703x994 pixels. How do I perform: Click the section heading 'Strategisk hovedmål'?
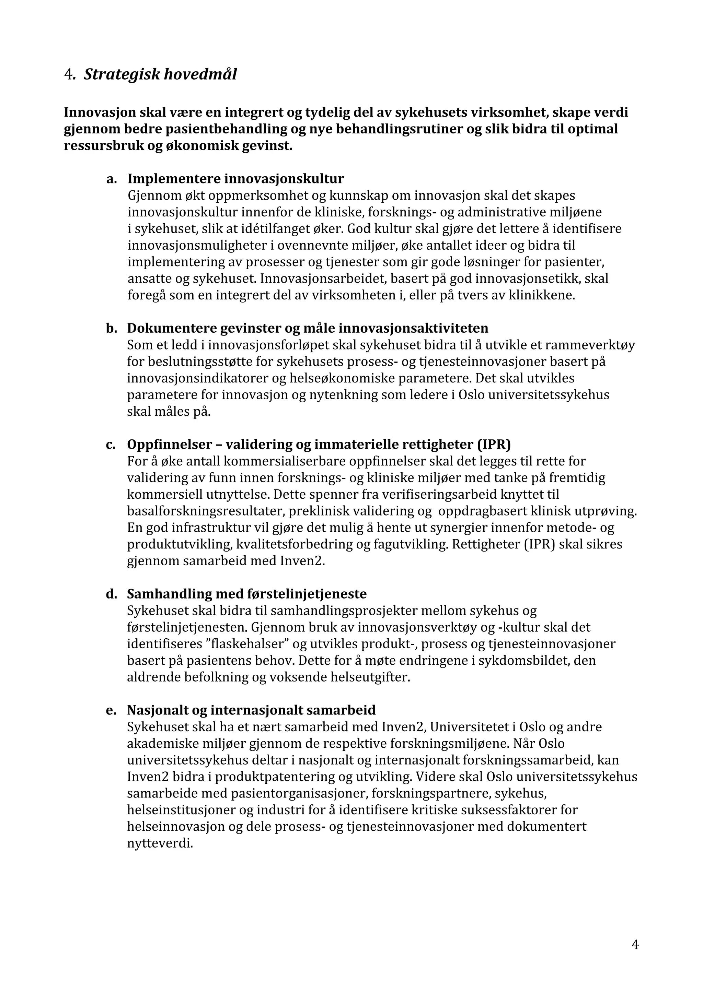(160, 74)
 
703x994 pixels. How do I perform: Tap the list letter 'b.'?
(112, 328)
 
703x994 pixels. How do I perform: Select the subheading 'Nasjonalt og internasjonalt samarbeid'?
(251, 710)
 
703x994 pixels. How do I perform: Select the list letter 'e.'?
(112, 710)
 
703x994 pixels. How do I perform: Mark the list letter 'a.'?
(112, 178)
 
